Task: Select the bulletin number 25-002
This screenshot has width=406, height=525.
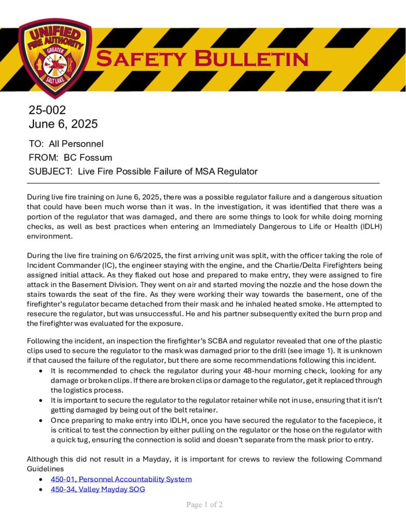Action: (x=47, y=110)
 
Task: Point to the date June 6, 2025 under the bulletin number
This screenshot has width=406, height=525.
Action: (x=63, y=124)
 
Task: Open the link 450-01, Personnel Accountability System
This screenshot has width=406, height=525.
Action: (x=121, y=479)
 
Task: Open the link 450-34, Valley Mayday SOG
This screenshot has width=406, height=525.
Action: (x=98, y=489)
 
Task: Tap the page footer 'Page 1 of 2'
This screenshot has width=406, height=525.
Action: (x=204, y=505)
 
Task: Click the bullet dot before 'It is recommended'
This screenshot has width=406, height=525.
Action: (x=41, y=370)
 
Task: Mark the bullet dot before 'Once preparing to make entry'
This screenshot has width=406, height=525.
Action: (x=41, y=419)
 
